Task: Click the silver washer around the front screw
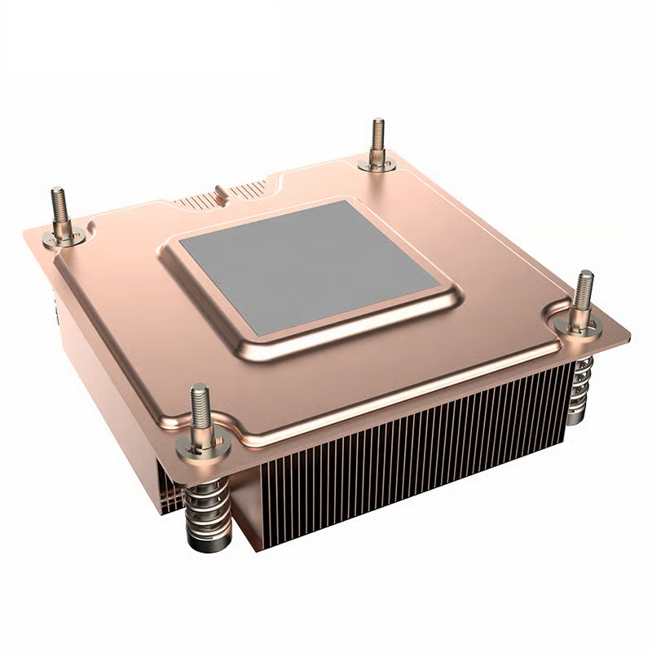point(200,443)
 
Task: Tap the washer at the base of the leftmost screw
point(64,237)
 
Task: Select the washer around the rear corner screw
point(377,165)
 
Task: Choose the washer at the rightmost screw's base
point(582,325)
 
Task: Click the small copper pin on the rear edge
point(219,194)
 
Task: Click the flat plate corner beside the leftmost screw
point(37,236)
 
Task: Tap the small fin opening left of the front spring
point(169,493)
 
